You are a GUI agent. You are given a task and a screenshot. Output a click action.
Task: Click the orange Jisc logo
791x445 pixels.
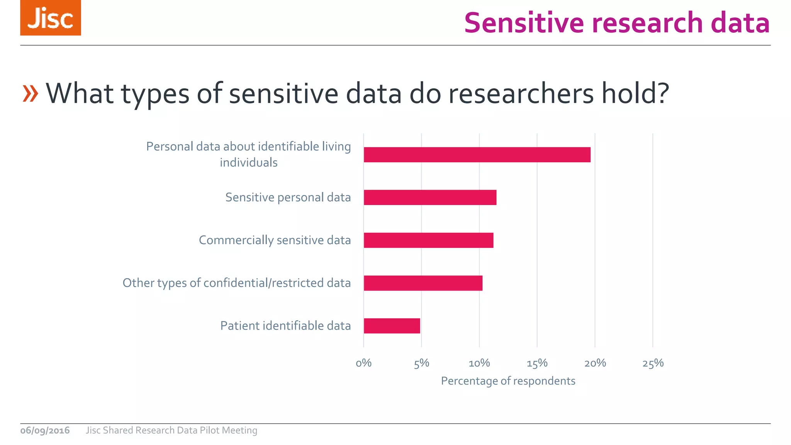[51, 18]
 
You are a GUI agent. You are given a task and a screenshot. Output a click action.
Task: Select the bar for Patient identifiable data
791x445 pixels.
[392, 326]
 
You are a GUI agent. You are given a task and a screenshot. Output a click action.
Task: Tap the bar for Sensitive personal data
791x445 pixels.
[430, 197]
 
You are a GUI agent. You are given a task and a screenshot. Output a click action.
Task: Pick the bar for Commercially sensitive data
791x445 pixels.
[428, 240]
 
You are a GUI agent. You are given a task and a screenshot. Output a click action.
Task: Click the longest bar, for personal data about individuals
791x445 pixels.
[477, 155]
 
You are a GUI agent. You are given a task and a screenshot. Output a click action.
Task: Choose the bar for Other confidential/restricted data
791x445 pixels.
[423, 283]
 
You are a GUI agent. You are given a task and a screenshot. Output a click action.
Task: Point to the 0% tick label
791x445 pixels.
[363, 363]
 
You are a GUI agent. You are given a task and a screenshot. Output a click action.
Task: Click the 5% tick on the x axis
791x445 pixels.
[421, 363]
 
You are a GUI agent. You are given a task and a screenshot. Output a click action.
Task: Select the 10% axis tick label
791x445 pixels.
[479, 363]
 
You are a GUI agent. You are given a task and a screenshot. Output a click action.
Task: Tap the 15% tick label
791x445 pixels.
[537, 363]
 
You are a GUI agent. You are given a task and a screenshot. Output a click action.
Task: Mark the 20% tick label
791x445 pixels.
[595, 363]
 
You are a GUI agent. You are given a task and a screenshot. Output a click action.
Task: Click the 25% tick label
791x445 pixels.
[653, 363]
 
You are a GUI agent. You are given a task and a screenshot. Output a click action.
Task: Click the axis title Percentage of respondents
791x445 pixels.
[508, 381]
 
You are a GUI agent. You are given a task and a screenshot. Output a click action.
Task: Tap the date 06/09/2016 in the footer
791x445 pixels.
[45, 430]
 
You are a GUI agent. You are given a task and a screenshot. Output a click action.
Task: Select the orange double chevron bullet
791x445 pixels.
[31, 93]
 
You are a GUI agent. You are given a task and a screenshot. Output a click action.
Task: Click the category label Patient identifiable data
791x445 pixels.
[285, 326]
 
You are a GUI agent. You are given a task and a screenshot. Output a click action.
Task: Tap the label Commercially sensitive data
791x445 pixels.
[275, 240]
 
